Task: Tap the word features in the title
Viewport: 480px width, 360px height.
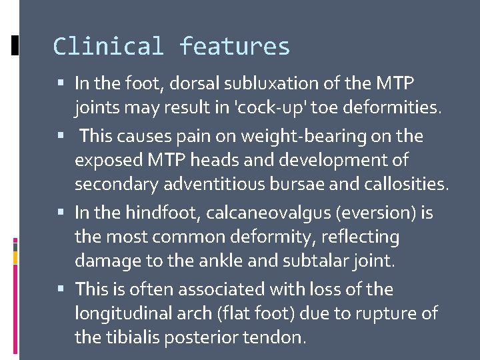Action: click(x=235, y=47)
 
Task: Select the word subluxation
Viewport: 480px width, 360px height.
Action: click(x=305, y=83)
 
